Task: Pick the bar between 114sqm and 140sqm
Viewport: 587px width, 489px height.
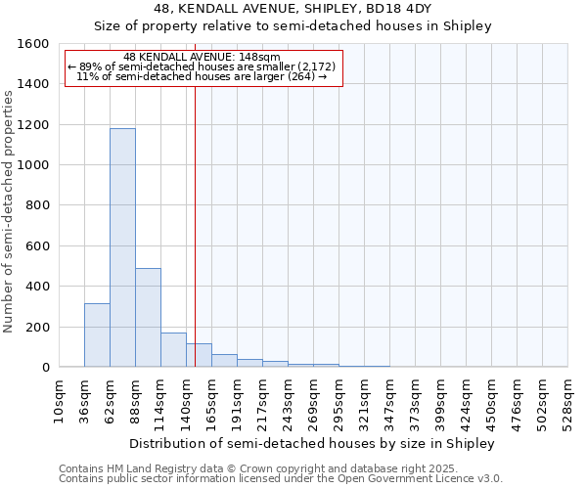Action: pyautogui.click(x=173, y=350)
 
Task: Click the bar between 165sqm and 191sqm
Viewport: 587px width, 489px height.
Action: pyautogui.click(x=224, y=361)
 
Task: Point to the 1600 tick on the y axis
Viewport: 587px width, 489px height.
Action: pyautogui.click(x=32, y=44)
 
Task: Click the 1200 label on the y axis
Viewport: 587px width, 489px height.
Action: pyautogui.click(x=32, y=125)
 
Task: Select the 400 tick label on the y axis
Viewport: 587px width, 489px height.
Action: pyautogui.click(x=36, y=287)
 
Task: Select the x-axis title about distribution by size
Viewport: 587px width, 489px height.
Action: pyautogui.click(x=312, y=443)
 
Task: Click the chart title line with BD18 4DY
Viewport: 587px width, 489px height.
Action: pyautogui.click(x=293, y=9)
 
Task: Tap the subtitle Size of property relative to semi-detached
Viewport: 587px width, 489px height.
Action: pyautogui.click(x=293, y=26)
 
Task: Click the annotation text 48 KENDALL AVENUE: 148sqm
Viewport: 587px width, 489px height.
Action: pyautogui.click(x=203, y=57)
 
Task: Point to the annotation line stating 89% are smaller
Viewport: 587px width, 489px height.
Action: pyautogui.click(x=203, y=67)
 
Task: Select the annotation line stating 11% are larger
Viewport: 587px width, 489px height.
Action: pyautogui.click(x=203, y=76)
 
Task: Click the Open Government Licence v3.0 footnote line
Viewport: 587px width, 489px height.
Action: pyautogui.click(x=281, y=479)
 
